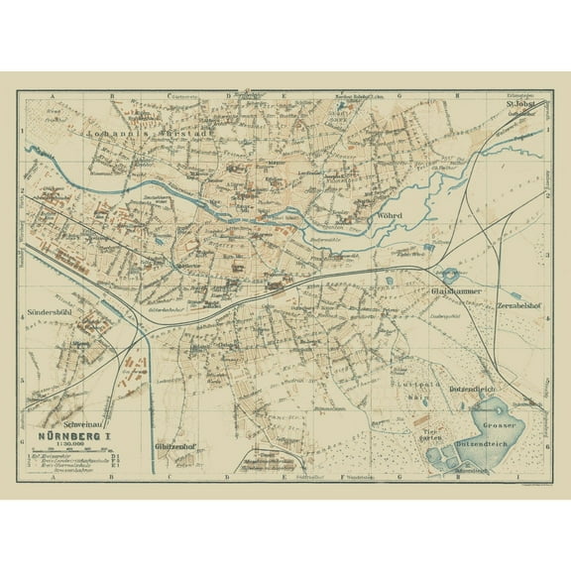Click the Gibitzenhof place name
click(x=178, y=447)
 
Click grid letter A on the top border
click(x=51, y=95)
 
